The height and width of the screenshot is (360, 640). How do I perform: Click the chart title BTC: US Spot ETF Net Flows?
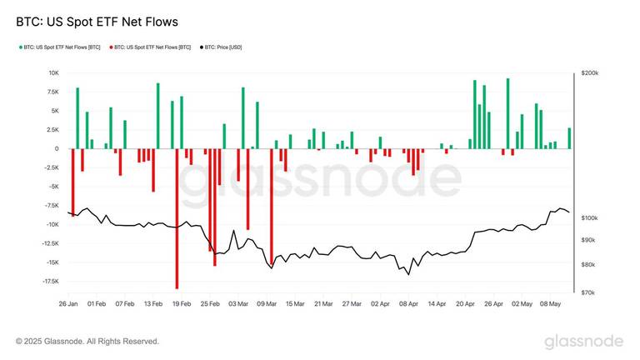[x=97, y=20]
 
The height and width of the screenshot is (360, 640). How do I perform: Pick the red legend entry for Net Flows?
[x=152, y=47]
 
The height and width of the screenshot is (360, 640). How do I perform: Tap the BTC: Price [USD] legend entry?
[x=228, y=47]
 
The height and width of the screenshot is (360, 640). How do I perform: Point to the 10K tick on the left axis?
[x=52, y=73]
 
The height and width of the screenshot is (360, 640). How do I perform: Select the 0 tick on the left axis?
[x=57, y=149]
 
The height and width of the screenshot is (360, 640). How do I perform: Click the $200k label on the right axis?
[x=589, y=73]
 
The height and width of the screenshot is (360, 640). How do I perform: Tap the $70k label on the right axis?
[x=587, y=292]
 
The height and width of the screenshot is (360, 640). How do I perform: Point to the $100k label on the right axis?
[x=589, y=217]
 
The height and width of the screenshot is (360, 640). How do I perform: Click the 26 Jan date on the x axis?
[x=69, y=304]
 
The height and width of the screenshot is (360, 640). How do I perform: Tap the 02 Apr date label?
[x=380, y=304]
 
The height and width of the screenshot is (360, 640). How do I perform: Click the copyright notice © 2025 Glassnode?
[x=87, y=341]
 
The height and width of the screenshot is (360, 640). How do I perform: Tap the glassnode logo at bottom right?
[x=583, y=342]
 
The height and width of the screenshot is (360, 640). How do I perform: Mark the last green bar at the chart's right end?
[x=569, y=138]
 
